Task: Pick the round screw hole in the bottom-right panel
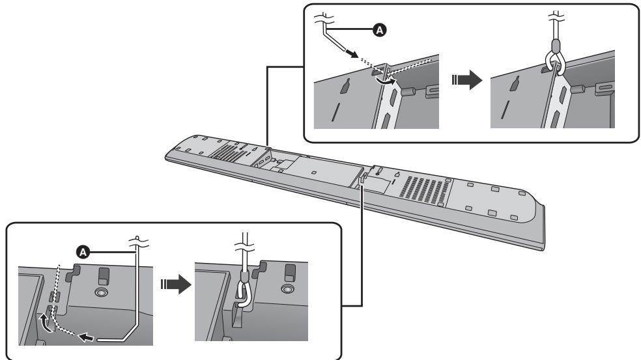(286, 288)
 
